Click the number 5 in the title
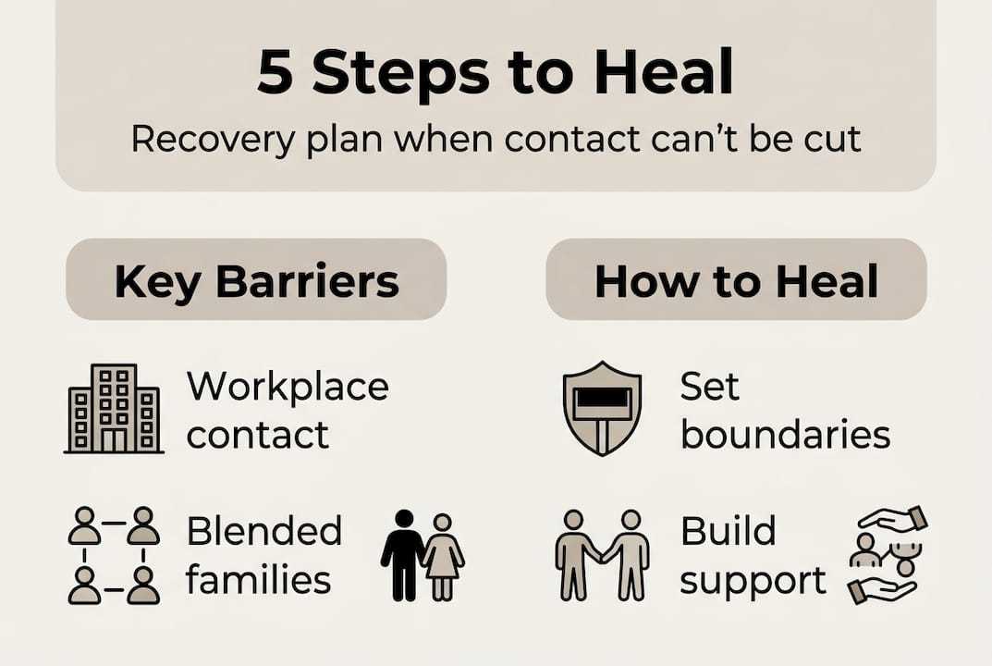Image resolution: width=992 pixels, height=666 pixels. tap(276, 73)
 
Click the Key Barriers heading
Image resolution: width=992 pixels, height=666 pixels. tap(256, 281)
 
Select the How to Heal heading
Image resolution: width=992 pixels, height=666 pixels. tap(736, 281)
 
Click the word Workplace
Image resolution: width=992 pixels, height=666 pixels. tap(288, 386)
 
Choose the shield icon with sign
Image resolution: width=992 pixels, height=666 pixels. tap(602, 408)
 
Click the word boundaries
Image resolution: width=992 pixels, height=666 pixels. tap(785, 434)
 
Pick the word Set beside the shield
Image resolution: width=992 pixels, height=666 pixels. tap(709, 386)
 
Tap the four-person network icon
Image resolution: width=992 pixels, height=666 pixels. tap(115, 555)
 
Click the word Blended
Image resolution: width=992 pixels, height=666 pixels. tap(264, 532)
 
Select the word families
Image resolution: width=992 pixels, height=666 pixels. tap(258, 580)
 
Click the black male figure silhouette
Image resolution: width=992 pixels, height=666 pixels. tap(402, 555)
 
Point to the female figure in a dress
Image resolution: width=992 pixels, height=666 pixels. tap(444, 555)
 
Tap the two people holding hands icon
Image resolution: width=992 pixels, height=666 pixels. tap(602, 555)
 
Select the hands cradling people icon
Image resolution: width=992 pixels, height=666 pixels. tap(887, 555)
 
